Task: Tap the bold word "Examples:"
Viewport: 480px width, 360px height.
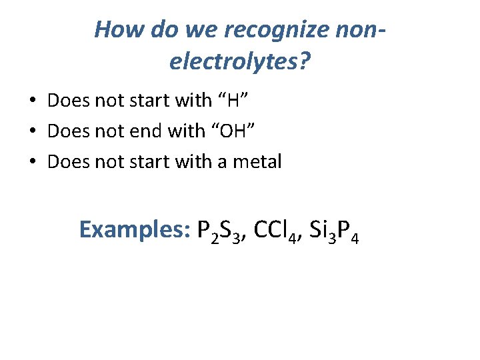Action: click(x=135, y=229)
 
